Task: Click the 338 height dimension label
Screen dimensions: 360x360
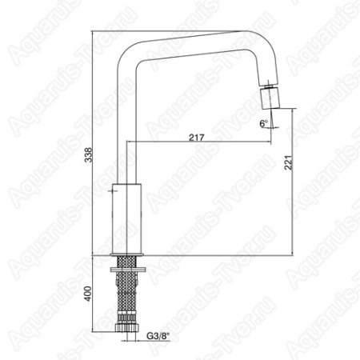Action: coord(88,155)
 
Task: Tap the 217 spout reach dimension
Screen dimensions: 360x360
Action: coord(197,138)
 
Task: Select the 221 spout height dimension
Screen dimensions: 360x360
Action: coord(289,162)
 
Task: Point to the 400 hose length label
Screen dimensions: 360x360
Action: coord(88,294)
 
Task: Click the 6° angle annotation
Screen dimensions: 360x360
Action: coord(263,123)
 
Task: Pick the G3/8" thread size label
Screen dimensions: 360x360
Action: coord(158,336)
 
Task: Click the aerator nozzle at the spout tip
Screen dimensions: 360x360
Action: coord(270,98)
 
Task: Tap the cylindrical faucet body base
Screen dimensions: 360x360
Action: coord(126,218)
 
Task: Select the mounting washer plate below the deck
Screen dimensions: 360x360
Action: coord(128,270)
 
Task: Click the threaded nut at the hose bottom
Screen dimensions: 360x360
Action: coord(127,327)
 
